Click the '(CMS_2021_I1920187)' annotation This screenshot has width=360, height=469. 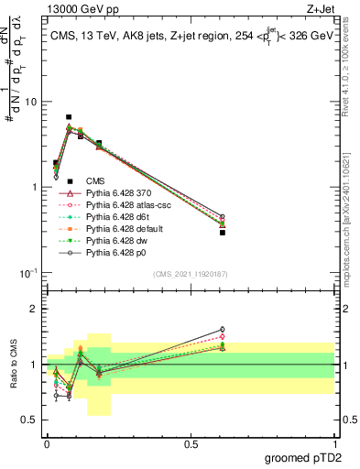[x=190, y=274]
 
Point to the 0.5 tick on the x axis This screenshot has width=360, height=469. [x=191, y=442]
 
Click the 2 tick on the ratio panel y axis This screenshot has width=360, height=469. [x=35, y=309]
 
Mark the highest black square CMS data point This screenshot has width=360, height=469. [x=69, y=117]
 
